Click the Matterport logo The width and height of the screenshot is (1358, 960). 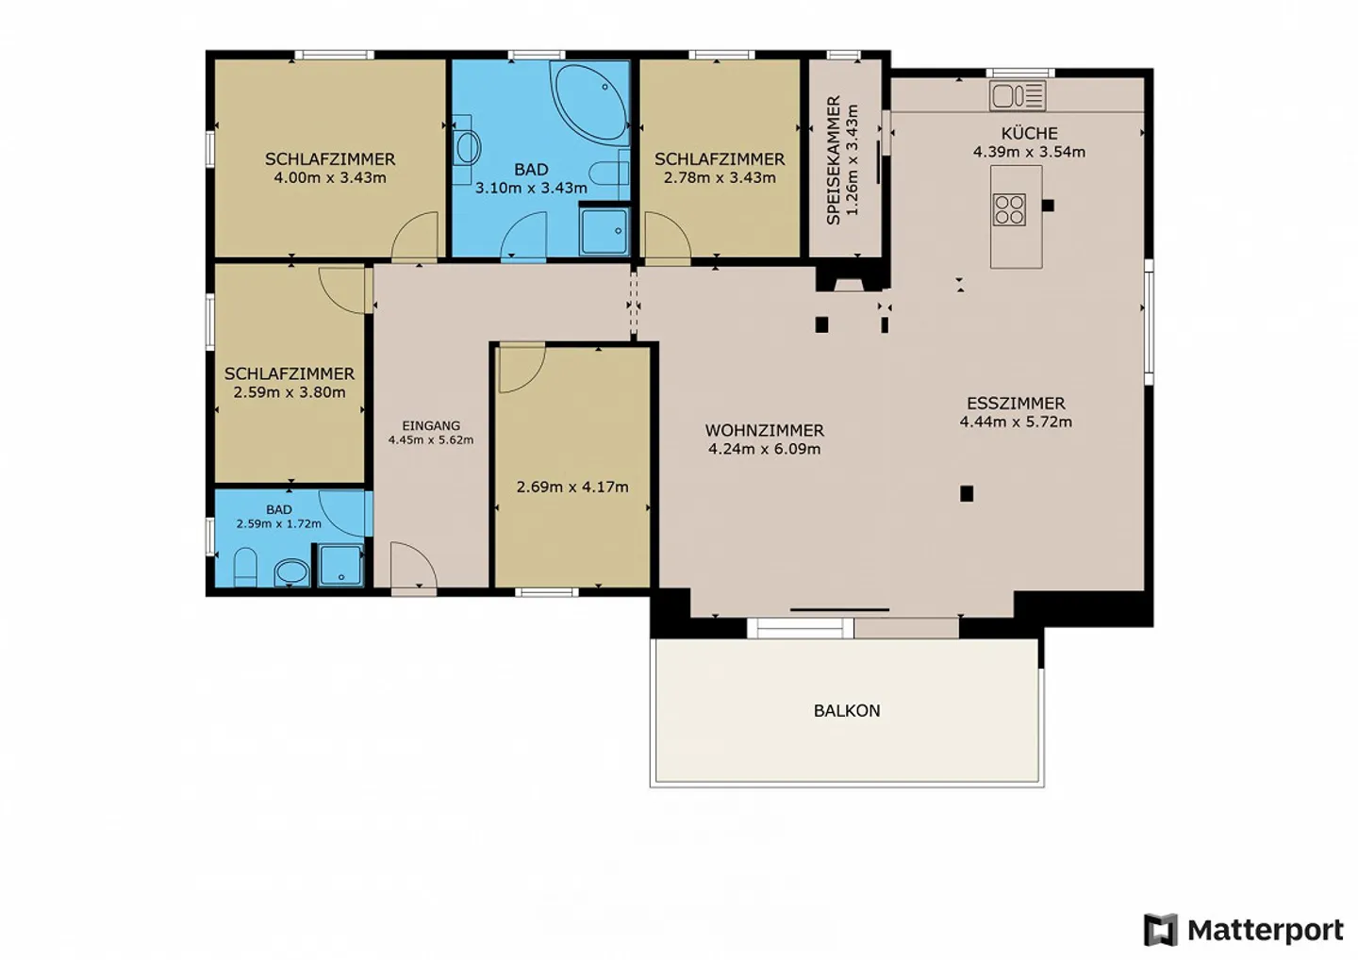click(x=1244, y=929)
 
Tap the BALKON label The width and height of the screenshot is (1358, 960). click(x=847, y=710)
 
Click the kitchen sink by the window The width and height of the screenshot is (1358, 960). click(x=1018, y=96)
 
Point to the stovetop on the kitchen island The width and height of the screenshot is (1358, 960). click(x=1009, y=209)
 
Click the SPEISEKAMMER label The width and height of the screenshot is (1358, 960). click(x=834, y=160)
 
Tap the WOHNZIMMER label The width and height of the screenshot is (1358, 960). click(x=765, y=430)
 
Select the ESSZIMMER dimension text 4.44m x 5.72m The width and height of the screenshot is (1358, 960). click(x=1016, y=422)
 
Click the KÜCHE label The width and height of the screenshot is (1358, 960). click(x=1030, y=133)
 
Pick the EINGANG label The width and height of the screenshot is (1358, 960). click(x=431, y=426)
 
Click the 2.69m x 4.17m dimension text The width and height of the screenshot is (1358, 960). click(x=572, y=487)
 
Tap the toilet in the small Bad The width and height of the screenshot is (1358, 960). click(x=245, y=568)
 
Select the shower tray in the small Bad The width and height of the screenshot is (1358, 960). click(x=340, y=565)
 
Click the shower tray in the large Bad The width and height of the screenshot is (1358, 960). click(x=604, y=231)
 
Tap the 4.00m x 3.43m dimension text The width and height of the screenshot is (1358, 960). click(x=330, y=177)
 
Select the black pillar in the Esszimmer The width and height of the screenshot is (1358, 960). click(x=967, y=493)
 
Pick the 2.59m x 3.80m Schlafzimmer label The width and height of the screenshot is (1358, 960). click(x=290, y=383)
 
